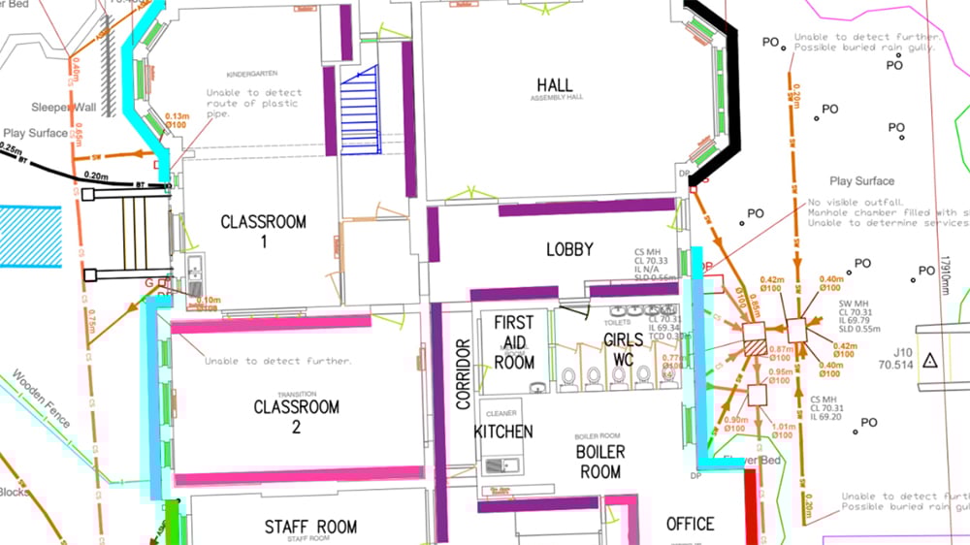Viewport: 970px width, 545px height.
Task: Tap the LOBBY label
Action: tap(569, 249)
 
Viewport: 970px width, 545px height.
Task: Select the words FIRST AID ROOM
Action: tap(514, 341)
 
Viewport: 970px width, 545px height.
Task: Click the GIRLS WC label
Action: tap(623, 348)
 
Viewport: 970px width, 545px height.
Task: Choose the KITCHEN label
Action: tap(503, 431)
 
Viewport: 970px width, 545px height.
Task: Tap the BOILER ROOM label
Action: tap(600, 462)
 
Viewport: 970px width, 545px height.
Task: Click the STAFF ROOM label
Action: tap(310, 527)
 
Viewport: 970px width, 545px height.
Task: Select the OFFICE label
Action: tap(690, 524)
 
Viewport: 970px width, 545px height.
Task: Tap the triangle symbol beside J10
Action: tap(929, 360)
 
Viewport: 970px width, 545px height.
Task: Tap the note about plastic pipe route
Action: tap(253, 103)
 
